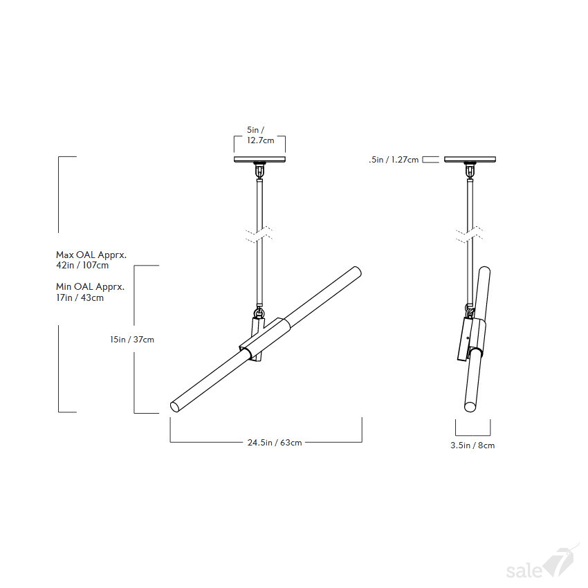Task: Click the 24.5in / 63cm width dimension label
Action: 275,443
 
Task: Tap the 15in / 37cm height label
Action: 132,340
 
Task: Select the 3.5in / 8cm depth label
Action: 472,445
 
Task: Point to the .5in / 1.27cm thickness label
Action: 394,160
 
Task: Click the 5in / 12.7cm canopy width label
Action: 260,135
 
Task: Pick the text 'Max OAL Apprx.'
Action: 91,255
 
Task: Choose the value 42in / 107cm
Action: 82,266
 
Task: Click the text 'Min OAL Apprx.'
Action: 90,287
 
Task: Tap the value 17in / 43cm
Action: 80,297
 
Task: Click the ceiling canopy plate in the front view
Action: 259,159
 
